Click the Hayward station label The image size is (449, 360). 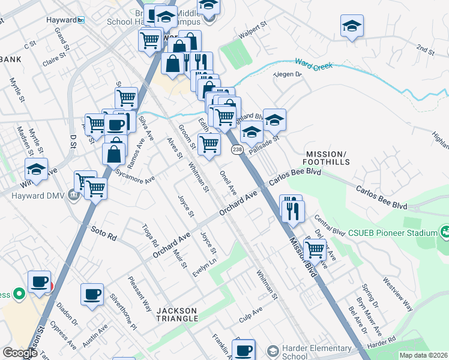[x=63, y=20]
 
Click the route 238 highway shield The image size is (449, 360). [x=237, y=149]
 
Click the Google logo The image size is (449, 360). [x=20, y=353]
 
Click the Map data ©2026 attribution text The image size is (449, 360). [x=424, y=355]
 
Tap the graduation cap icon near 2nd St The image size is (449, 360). [x=352, y=26]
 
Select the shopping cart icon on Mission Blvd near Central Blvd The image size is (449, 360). [x=315, y=248]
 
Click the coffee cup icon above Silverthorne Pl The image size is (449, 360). [x=92, y=294]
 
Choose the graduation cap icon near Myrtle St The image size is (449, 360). [x=36, y=169]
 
